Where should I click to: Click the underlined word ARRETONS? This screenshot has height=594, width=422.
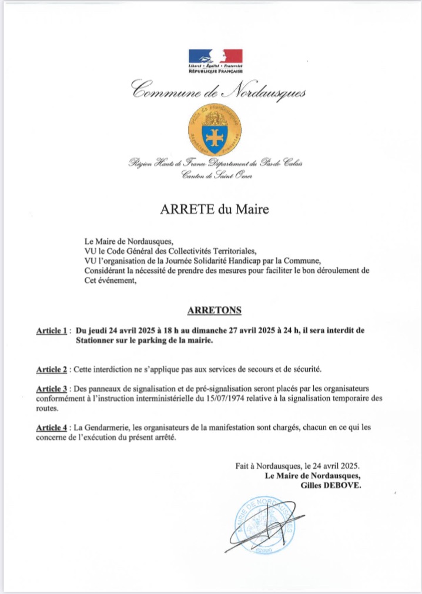coord(214,310)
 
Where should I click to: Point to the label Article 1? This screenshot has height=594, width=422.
coord(52,331)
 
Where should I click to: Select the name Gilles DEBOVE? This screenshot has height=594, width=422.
coord(333,486)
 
